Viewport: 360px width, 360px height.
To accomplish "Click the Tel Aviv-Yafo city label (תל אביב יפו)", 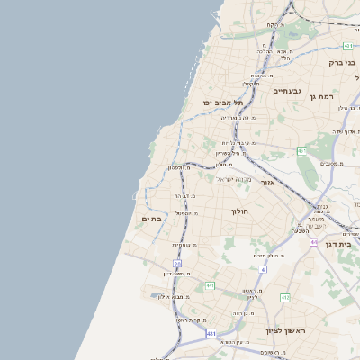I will (x=220, y=103).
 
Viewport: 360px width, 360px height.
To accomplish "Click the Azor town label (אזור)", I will (x=267, y=183).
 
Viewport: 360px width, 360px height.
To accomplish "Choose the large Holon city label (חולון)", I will (x=239, y=211).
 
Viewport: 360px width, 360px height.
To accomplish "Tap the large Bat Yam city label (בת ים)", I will (x=151, y=219).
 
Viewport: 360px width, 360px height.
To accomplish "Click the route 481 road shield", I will (x=348, y=44).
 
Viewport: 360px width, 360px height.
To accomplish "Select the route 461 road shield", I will (x=302, y=150).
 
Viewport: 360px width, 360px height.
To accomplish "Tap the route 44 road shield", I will (x=314, y=242).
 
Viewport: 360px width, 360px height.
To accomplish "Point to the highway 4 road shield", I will (x=263, y=268).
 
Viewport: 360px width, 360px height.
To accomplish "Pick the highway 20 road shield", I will (x=177, y=264).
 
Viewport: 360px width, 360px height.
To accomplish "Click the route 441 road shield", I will (x=210, y=285).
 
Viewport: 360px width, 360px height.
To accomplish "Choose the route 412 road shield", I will (x=285, y=297).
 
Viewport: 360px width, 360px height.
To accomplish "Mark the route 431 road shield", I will (x=211, y=333).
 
